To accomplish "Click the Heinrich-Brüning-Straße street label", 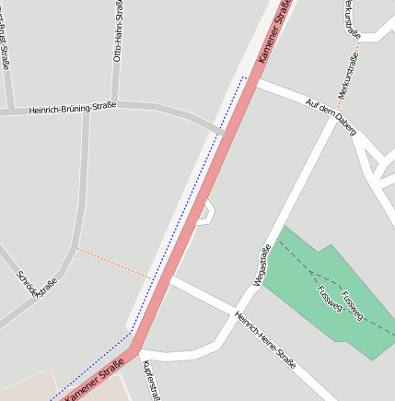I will pyautogui.click(x=72, y=108).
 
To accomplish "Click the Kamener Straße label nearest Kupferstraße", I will pyautogui.click(x=93, y=380).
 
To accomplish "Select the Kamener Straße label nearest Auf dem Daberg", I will pyautogui.click(x=274, y=32).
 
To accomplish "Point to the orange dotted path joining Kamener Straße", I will pyautogui.click(x=112, y=262).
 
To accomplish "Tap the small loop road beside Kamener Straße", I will pyautogui.click(x=209, y=212).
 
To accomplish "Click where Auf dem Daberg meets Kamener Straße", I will pyautogui.click(x=256, y=82).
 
